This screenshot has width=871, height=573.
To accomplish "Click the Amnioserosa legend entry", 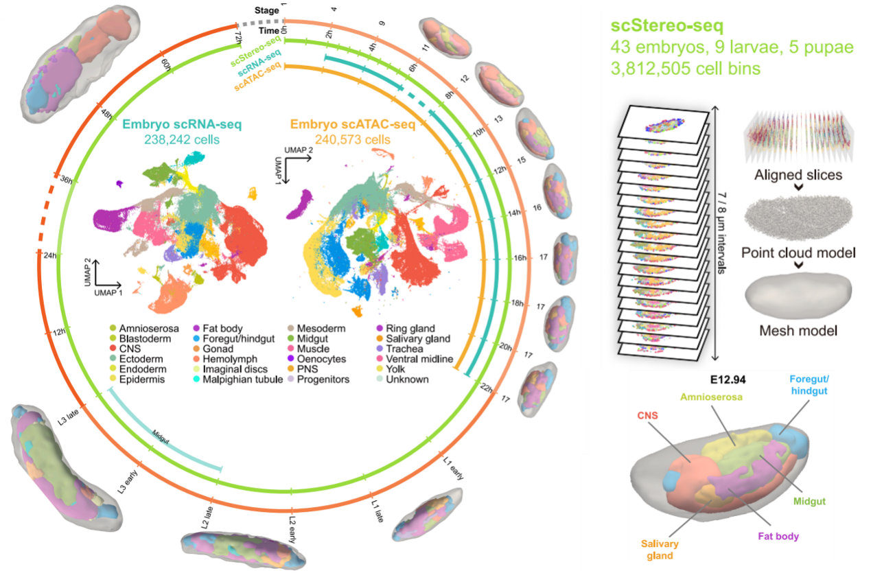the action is [x=144, y=329].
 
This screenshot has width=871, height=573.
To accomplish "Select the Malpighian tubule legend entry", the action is [x=238, y=379].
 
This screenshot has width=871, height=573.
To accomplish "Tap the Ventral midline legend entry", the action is [x=415, y=359].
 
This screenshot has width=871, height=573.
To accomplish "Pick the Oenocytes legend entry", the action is [x=316, y=359].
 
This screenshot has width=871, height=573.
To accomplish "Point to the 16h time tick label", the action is [x=520, y=258].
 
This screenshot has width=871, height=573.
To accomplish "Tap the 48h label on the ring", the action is [x=106, y=114].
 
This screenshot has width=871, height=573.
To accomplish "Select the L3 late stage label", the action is [x=69, y=417].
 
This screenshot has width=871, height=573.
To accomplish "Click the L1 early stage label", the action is [x=454, y=468].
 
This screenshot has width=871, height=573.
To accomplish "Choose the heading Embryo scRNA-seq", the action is [x=182, y=124].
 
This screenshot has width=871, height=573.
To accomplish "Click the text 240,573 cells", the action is [x=352, y=139].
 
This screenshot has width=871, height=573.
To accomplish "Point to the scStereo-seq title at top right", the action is [x=667, y=26].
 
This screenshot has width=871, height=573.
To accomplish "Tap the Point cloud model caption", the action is [x=798, y=253].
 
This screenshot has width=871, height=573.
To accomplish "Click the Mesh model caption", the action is [x=798, y=331].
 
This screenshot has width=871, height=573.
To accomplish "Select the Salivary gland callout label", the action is [x=660, y=549].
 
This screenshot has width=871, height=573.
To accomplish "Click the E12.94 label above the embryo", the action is [x=728, y=379].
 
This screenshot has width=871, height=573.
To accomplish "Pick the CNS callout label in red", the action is [x=647, y=416].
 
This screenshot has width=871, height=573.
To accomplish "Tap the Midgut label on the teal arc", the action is [x=161, y=437].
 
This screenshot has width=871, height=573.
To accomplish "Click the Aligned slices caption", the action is [x=798, y=175].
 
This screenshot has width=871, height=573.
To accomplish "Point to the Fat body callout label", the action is [x=778, y=536].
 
